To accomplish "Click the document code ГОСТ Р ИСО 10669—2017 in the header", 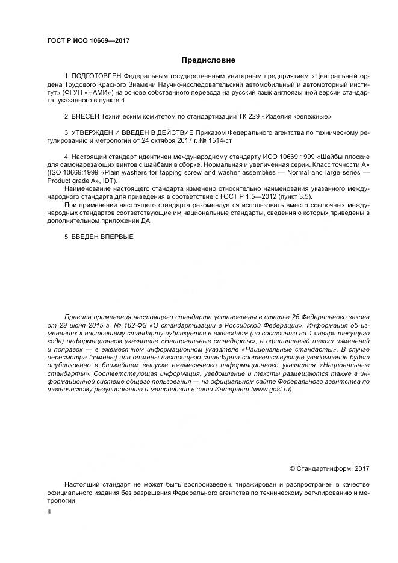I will point(89,41).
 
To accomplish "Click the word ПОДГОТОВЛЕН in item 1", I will point(96,77).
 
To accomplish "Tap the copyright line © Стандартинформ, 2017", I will point(329,468).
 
